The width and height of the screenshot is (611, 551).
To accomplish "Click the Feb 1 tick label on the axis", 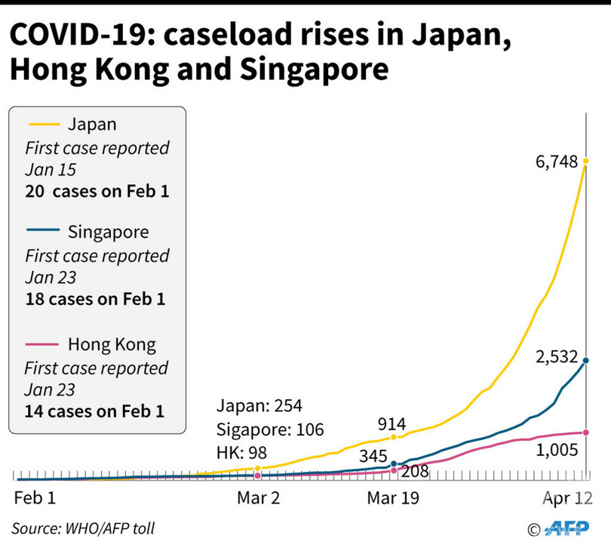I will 35,499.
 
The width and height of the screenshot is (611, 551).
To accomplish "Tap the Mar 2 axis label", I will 258,499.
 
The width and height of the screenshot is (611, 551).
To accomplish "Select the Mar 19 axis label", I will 392,499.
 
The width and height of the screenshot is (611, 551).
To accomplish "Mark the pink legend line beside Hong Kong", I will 44,345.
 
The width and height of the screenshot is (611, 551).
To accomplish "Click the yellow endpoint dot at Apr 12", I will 585,161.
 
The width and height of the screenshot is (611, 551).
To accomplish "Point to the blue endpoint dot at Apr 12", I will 586,361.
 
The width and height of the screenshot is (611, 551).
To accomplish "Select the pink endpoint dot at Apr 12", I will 586,432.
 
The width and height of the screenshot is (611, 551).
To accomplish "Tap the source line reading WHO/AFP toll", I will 83,528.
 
